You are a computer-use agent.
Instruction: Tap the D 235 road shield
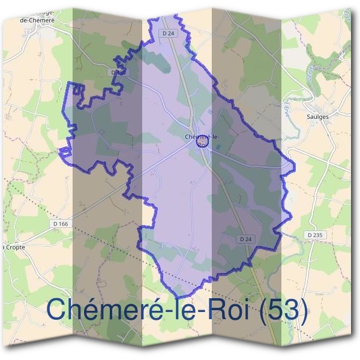coord(316,236)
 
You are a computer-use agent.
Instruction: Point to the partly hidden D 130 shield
coord(118,72)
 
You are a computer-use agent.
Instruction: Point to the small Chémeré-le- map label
coord(202,137)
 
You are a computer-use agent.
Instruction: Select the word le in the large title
coord(186,310)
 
